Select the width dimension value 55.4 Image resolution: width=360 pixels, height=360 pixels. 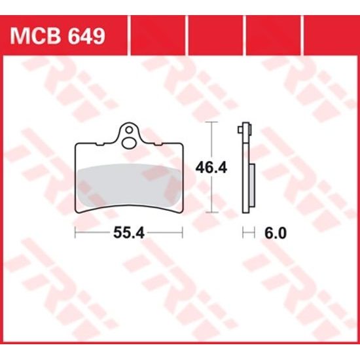tap(128, 232)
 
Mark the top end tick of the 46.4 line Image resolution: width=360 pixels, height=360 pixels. tap(210, 123)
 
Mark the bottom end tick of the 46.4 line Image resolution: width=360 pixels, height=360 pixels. tap(210, 213)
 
